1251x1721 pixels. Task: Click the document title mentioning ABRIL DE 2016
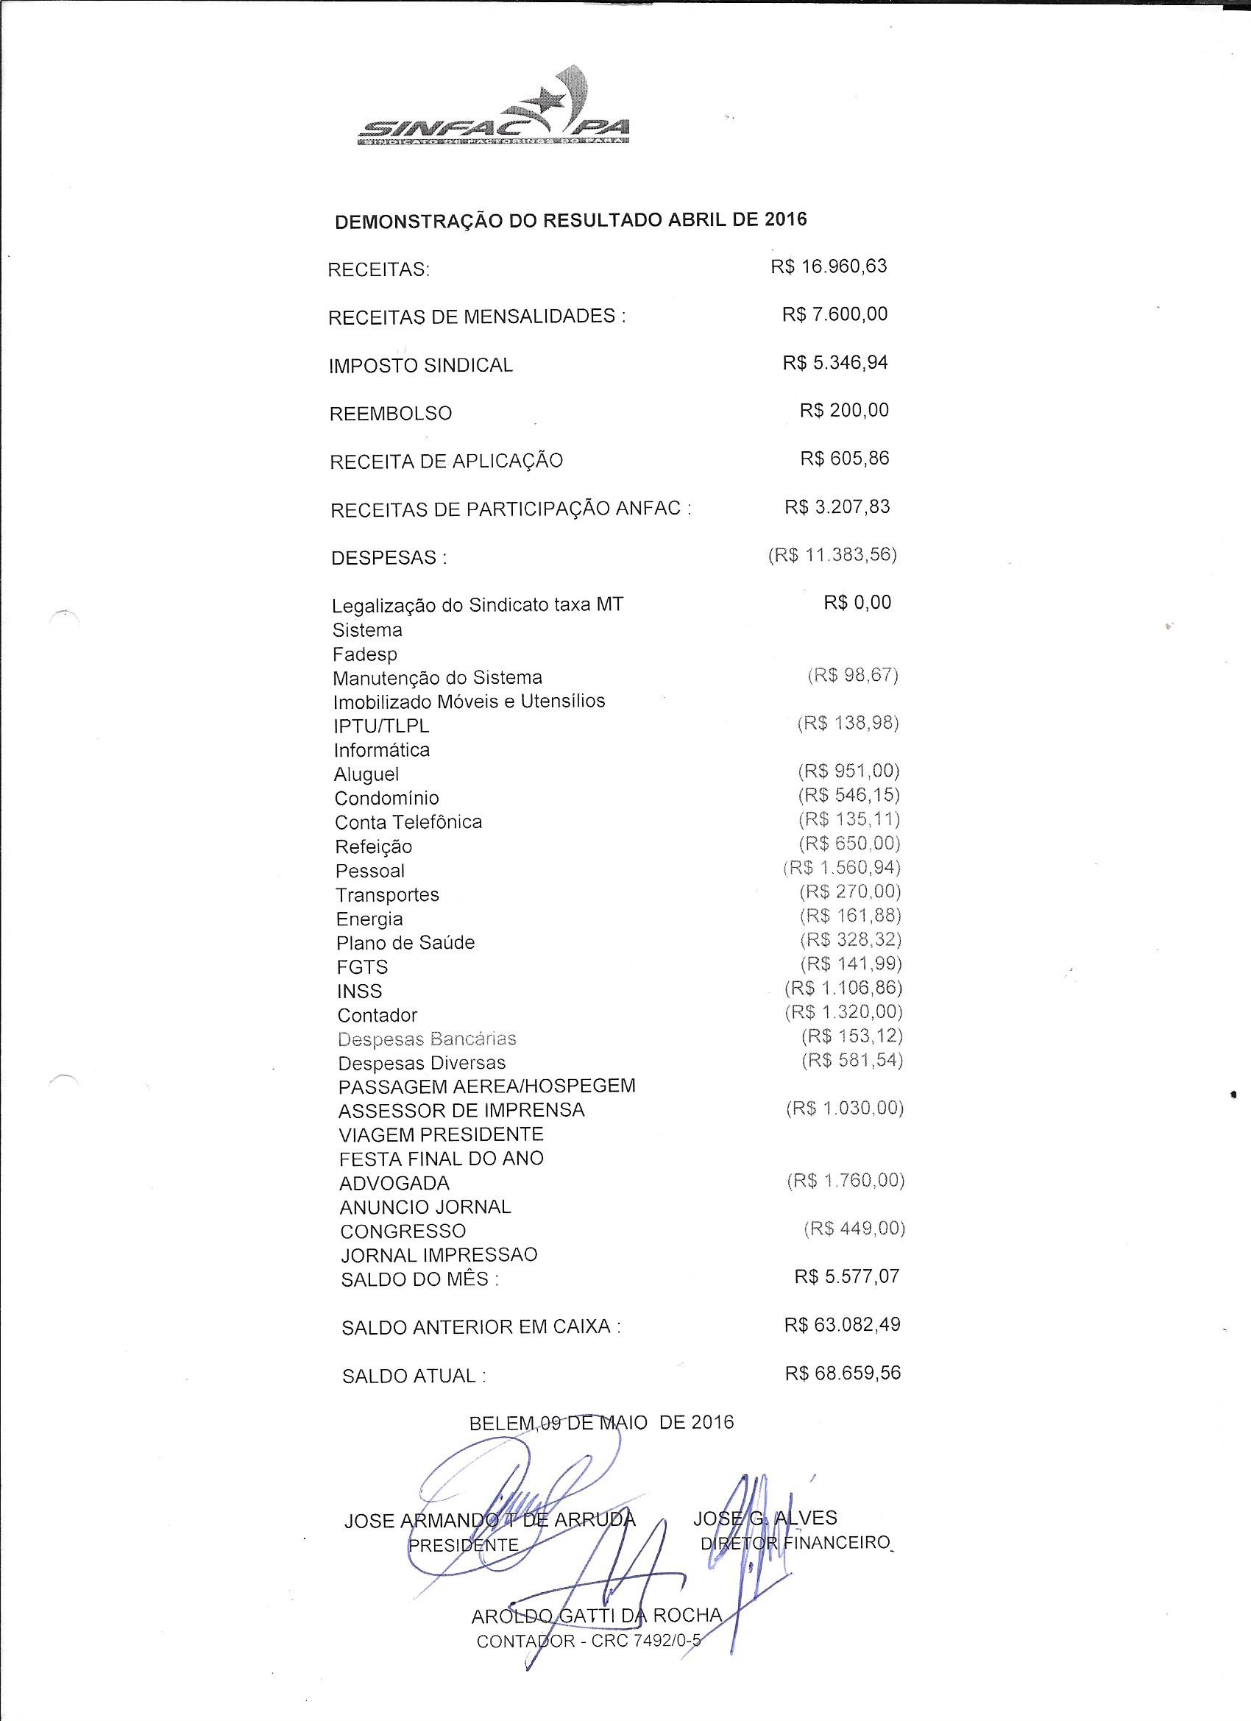click(570, 221)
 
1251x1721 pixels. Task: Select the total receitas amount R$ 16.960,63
click(829, 267)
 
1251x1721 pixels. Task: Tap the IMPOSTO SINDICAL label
click(420, 366)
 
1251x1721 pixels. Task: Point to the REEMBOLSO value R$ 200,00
click(843, 411)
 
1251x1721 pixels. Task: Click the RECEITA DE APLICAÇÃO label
click(446, 462)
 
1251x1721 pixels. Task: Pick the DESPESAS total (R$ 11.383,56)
click(832, 556)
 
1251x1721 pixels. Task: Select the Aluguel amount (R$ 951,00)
click(848, 771)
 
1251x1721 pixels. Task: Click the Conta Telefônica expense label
click(408, 822)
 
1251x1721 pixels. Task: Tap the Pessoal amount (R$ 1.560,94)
click(841, 868)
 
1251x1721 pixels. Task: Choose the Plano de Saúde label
click(405, 943)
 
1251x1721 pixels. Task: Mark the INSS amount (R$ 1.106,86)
click(843, 988)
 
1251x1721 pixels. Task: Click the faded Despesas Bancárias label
click(427, 1039)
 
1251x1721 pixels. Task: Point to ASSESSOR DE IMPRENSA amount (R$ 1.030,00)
click(844, 1109)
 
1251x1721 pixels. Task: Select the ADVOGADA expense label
click(394, 1183)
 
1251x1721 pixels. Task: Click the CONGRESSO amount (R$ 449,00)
click(854, 1229)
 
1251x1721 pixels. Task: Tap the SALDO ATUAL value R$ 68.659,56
click(843, 1373)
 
